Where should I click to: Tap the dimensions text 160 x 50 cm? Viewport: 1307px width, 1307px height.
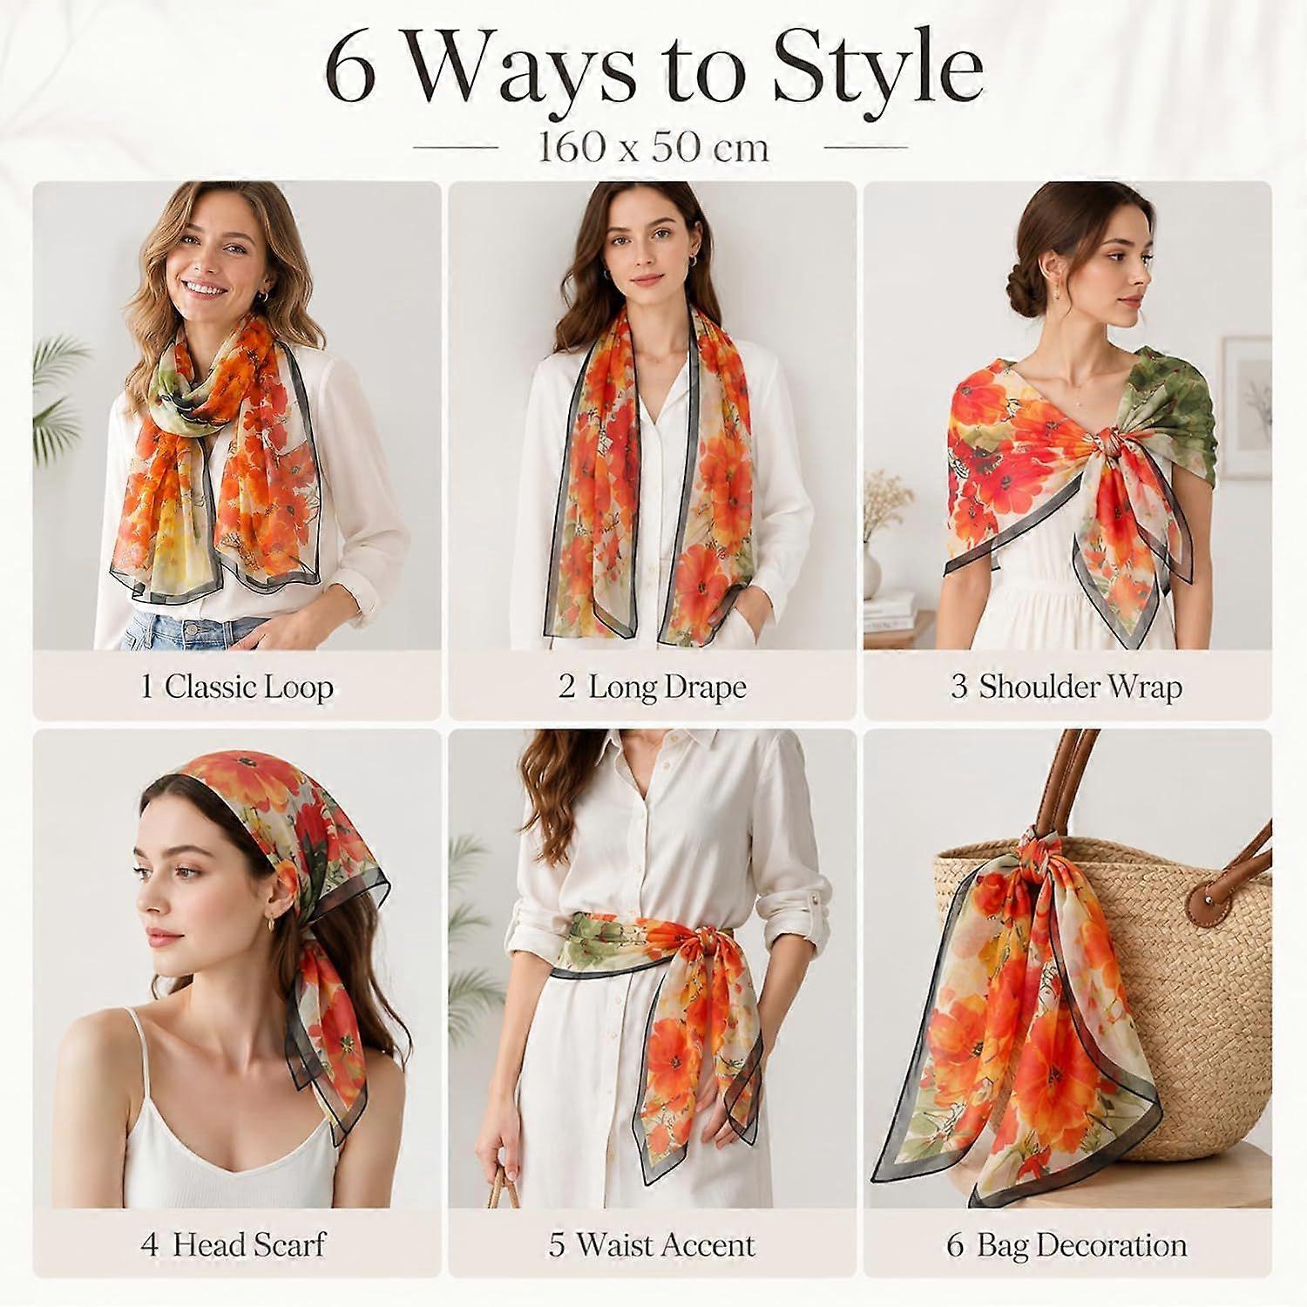653,147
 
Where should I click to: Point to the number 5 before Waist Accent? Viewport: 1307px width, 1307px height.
557,1245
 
